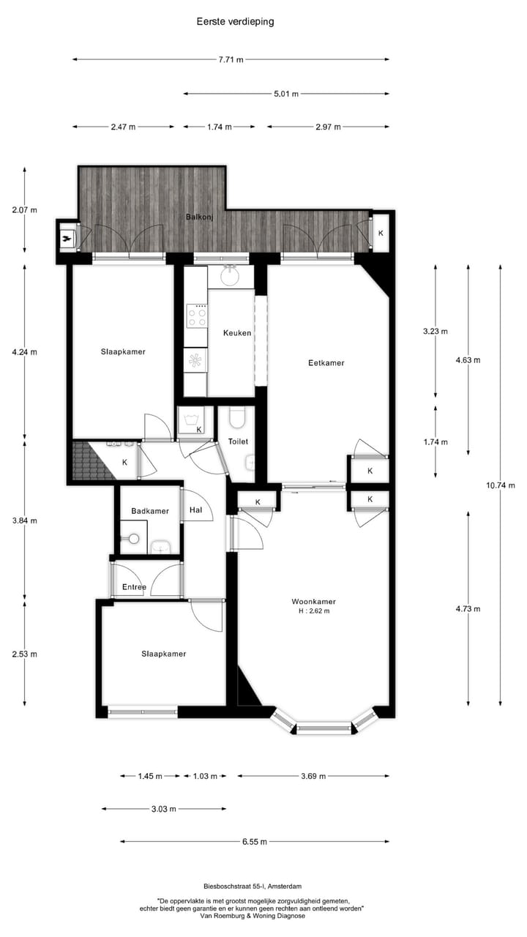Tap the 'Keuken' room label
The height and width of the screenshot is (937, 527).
point(237,333)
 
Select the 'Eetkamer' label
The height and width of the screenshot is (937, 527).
point(326,363)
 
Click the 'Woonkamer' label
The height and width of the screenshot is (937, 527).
point(313,602)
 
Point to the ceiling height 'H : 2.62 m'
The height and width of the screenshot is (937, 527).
point(313,611)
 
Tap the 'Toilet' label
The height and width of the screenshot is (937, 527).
point(238,441)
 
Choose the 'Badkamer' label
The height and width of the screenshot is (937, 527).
point(150,511)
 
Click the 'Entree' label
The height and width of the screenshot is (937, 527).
point(134,587)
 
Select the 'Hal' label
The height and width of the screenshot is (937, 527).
point(195,509)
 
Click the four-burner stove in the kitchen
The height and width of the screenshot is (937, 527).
point(196,316)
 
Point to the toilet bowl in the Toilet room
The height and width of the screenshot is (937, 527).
point(236,419)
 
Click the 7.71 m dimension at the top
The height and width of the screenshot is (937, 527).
point(231,59)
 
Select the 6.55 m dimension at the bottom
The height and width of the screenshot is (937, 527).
point(254,842)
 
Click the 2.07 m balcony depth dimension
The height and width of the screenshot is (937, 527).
point(24,210)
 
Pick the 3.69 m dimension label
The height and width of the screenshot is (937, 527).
point(313,776)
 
